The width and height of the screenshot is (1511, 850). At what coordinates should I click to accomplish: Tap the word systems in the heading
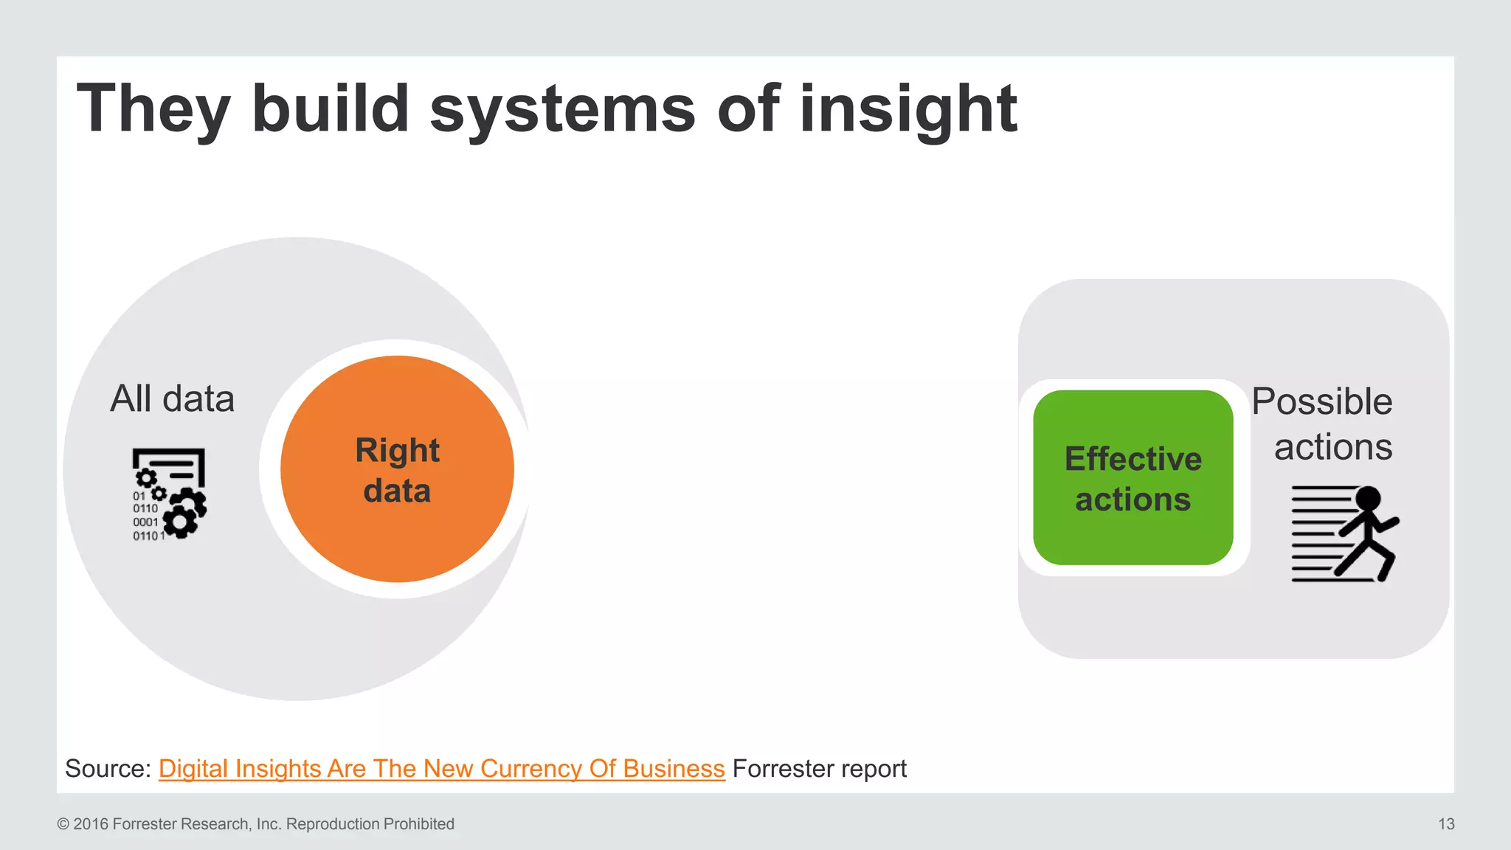pyautogui.click(x=562, y=109)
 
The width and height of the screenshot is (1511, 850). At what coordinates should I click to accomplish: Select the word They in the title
pyautogui.click(x=153, y=109)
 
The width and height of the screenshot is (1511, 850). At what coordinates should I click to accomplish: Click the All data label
pyautogui.click(x=172, y=399)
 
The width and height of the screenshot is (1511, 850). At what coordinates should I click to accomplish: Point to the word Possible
pyautogui.click(x=1321, y=402)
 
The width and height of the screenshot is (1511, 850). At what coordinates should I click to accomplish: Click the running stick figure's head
pyautogui.click(x=1368, y=499)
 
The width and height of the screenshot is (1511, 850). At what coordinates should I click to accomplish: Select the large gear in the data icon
pyautogui.click(x=179, y=522)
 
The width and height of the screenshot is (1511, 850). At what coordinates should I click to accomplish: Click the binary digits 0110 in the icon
pyautogui.click(x=145, y=508)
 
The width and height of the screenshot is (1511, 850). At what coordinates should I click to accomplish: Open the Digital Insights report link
pyautogui.click(x=441, y=769)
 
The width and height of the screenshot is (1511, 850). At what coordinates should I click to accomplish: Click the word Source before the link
pyautogui.click(x=107, y=769)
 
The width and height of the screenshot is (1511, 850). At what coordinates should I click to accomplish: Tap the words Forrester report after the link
pyautogui.click(x=819, y=769)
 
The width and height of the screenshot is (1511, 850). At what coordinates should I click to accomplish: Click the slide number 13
pyautogui.click(x=1445, y=824)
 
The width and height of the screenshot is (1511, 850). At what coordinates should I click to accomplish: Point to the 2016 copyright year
pyautogui.click(x=91, y=824)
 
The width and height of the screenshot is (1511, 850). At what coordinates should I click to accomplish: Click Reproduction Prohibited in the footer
pyautogui.click(x=370, y=824)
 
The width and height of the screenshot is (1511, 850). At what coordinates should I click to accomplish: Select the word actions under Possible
pyautogui.click(x=1332, y=447)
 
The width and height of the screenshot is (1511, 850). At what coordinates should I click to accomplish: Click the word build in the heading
pyautogui.click(x=330, y=109)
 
